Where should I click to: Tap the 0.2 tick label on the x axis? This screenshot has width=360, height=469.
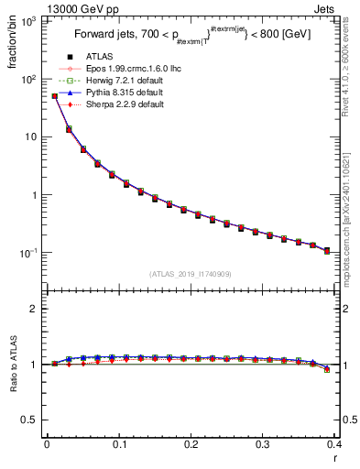click(x=191, y=444)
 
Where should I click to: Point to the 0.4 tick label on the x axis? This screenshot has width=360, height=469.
click(x=335, y=444)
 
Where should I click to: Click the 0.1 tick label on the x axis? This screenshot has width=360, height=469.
click(x=118, y=444)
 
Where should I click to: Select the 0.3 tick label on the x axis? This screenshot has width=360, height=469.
click(x=263, y=444)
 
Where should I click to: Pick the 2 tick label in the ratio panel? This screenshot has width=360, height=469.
click(x=34, y=309)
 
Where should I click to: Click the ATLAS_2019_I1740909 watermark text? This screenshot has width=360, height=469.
click(x=191, y=274)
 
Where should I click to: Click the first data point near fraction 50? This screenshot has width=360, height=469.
click(x=54, y=95)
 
